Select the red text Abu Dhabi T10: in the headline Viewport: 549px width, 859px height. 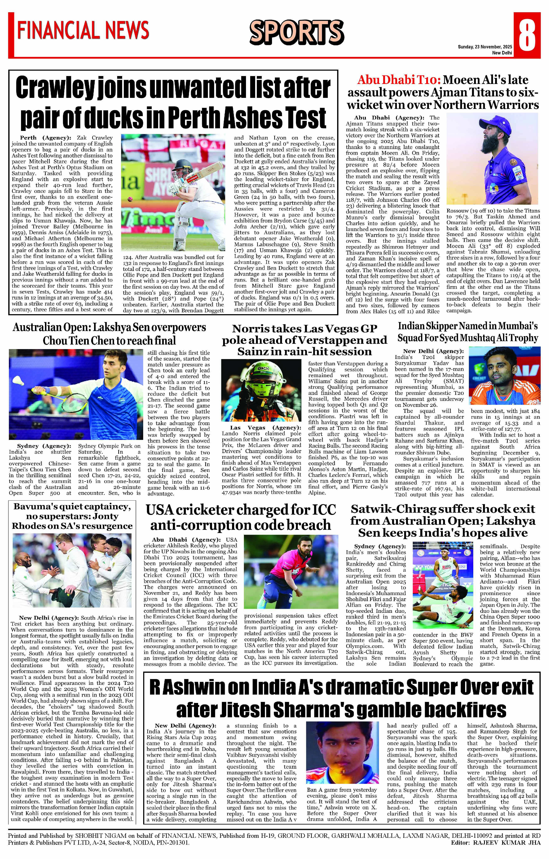[x=399, y=80]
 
